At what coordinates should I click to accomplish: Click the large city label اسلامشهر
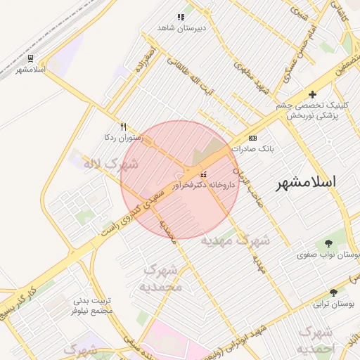coord(305,181)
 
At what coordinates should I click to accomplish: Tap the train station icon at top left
coord(30,58)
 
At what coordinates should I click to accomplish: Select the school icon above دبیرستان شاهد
coord(181,17)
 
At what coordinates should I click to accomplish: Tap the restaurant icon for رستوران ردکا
coord(124,127)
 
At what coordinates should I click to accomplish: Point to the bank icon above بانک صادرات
coord(252,138)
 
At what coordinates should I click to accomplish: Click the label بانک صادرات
coord(256,149)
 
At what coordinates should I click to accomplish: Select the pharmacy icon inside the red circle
coord(204,174)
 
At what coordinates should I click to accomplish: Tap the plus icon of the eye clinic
coord(313,94)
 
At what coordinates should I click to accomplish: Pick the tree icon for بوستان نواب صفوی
coord(328,243)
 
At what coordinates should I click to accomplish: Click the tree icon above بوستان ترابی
coord(333,292)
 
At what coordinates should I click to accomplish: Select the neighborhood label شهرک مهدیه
coord(235,240)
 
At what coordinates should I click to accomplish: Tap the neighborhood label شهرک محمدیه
coord(162,278)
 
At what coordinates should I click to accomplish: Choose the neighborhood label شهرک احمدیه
coord(317,340)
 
